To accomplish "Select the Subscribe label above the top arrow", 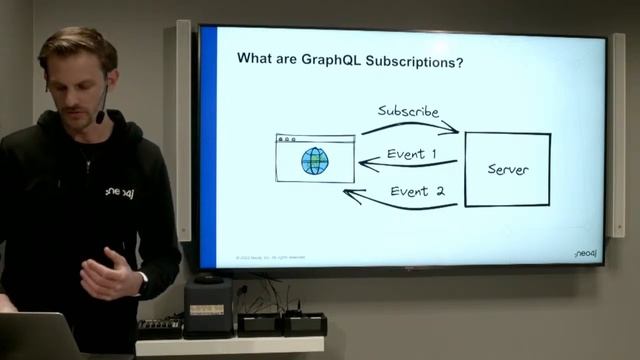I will (x=408, y=111).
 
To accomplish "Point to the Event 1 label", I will (x=412, y=154).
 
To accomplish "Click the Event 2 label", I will (x=417, y=191).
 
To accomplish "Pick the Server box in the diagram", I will (x=507, y=169).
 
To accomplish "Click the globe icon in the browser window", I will (x=315, y=162).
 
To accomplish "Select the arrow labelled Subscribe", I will (x=410, y=126).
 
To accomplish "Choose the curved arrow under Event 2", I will (x=400, y=204).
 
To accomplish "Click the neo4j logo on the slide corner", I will (x=585, y=254).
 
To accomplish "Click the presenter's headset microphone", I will (x=101, y=117).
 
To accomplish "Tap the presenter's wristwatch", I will (x=142, y=282).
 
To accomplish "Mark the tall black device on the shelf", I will (x=208, y=305).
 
